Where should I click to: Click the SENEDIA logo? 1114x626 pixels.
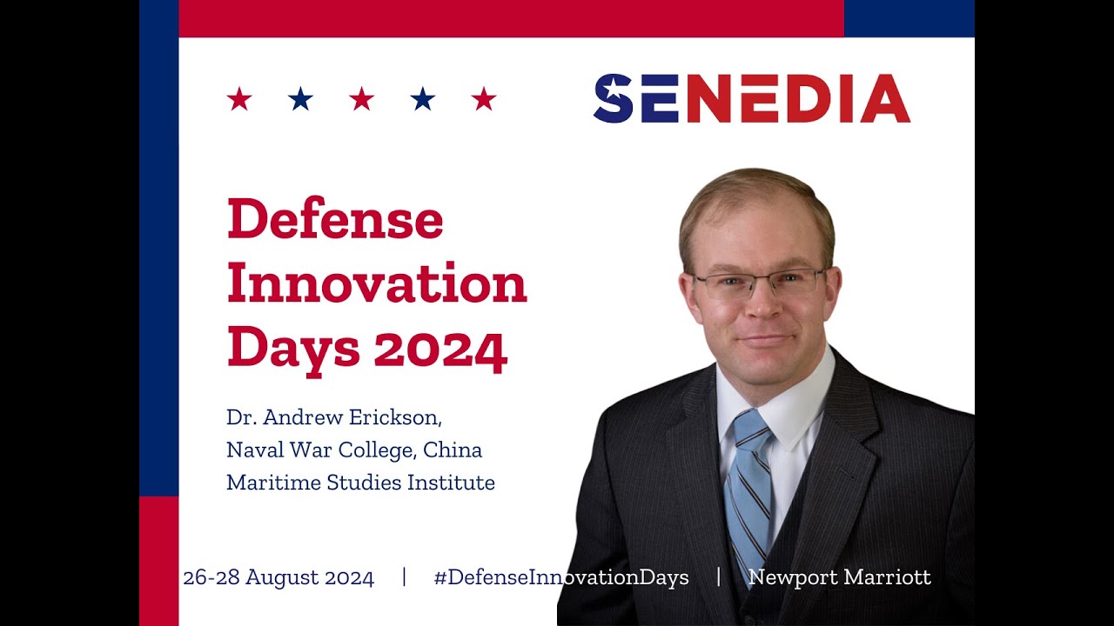coord(751,98)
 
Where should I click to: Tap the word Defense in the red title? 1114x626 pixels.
coord(335,220)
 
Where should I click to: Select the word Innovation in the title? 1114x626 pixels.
coord(377,283)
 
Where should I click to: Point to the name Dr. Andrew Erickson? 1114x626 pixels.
coord(334,417)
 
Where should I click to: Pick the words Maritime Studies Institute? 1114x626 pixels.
coord(360,483)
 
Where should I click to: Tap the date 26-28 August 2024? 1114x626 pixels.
coord(278,577)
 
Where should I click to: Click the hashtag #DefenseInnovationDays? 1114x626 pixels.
coord(561,577)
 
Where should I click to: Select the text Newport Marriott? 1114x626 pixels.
coord(840,577)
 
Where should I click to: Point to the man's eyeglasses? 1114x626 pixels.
coord(760,283)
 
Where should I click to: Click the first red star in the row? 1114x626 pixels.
coord(239,99)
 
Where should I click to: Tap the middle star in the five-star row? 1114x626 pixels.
coord(361,99)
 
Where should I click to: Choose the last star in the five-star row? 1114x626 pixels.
coord(484,99)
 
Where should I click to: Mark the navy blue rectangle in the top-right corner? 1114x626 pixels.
coord(909,18)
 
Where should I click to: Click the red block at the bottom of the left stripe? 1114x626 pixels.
coord(158,561)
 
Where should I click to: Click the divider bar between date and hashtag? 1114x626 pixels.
coord(404,577)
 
